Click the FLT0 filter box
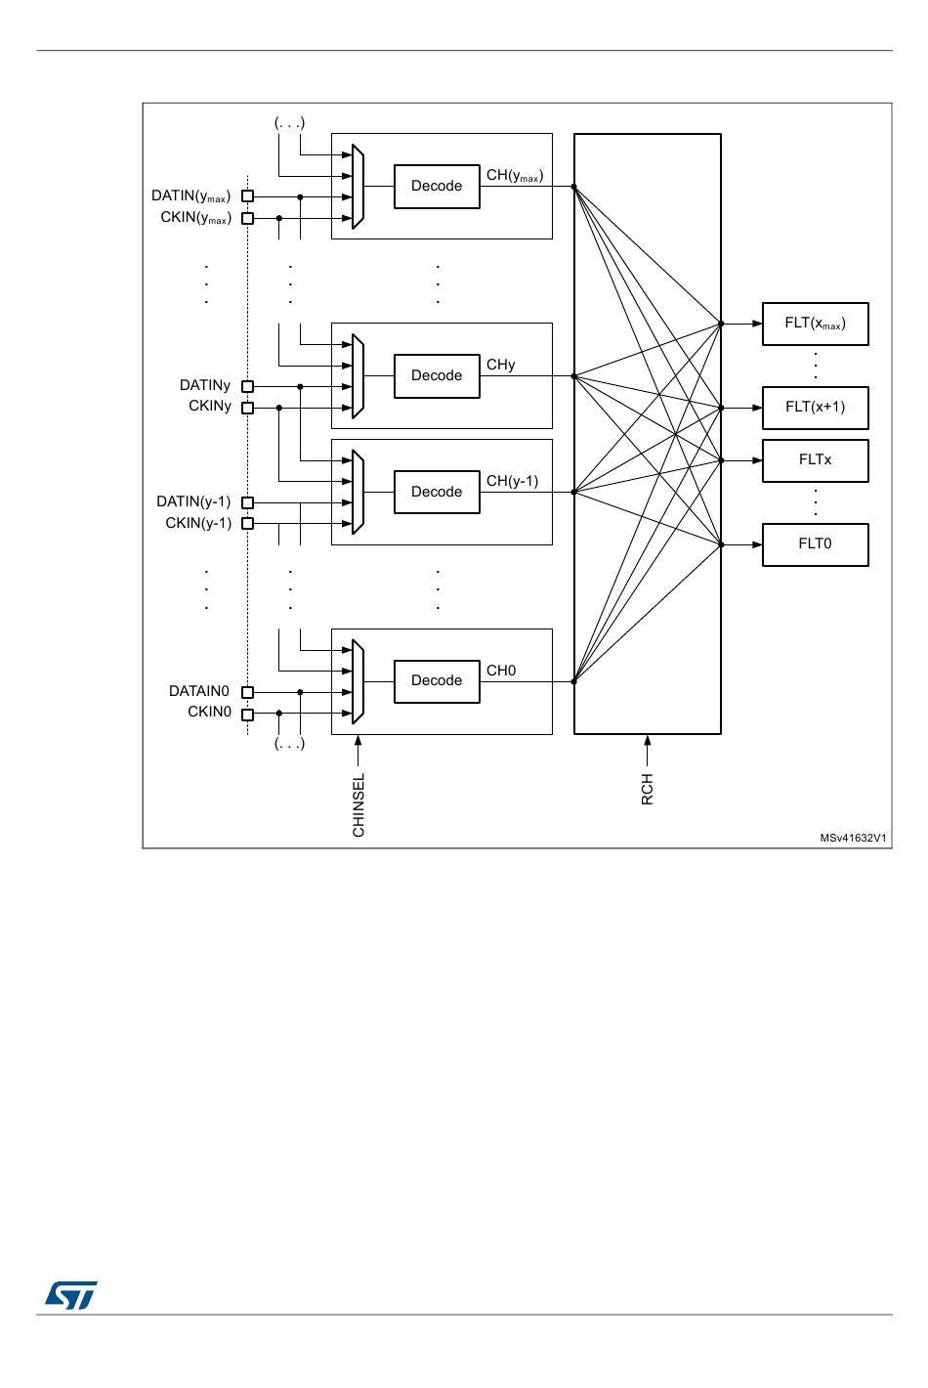pyautogui.click(x=815, y=544)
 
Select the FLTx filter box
pyautogui.click(x=815, y=460)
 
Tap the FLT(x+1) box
pyautogui.click(x=815, y=408)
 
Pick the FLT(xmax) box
pyautogui.click(x=815, y=324)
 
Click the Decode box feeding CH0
pyautogui.click(x=437, y=681)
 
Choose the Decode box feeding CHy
pyautogui.click(x=437, y=376)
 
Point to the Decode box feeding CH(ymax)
pyautogui.click(x=437, y=187)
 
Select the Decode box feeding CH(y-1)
pyautogui.click(x=437, y=493)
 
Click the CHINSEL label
pyautogui.click(x=359, y=804)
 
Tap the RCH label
pyautogui.click(x=647, y=789)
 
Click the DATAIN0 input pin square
pyautogui.click(x=247, y=692)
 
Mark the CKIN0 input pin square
pyautogui.click(x=247, y=714)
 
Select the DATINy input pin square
pyautogui.click(x=247, y=386)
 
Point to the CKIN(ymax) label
pyautogui.click(x=195, y=217)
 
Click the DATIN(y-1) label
pyautogui.click(x=193, y=501)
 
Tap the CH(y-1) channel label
pyautogui.click(x=512, y=481)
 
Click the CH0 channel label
pyautogui.click(x=501, y=671)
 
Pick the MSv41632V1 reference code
pyautogui.click(x=854, y=838)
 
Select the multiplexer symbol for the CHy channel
pyautogui.click(x=358, y=376)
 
